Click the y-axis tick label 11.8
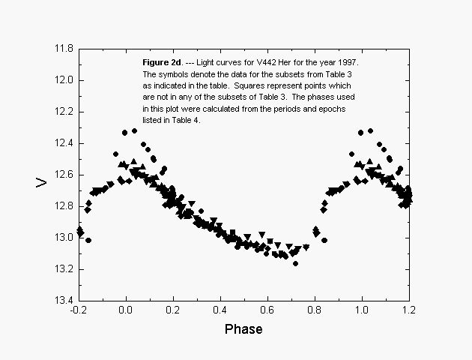(62, 49)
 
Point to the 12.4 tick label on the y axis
(62, 143)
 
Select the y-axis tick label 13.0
(62, 238)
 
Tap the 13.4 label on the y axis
(62, 301)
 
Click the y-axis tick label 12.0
(62, 80)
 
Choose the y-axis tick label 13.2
(62, 269)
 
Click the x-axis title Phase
(244, 329)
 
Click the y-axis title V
(43, 182)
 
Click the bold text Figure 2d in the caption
(162, 60)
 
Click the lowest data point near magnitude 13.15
(295, 263)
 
